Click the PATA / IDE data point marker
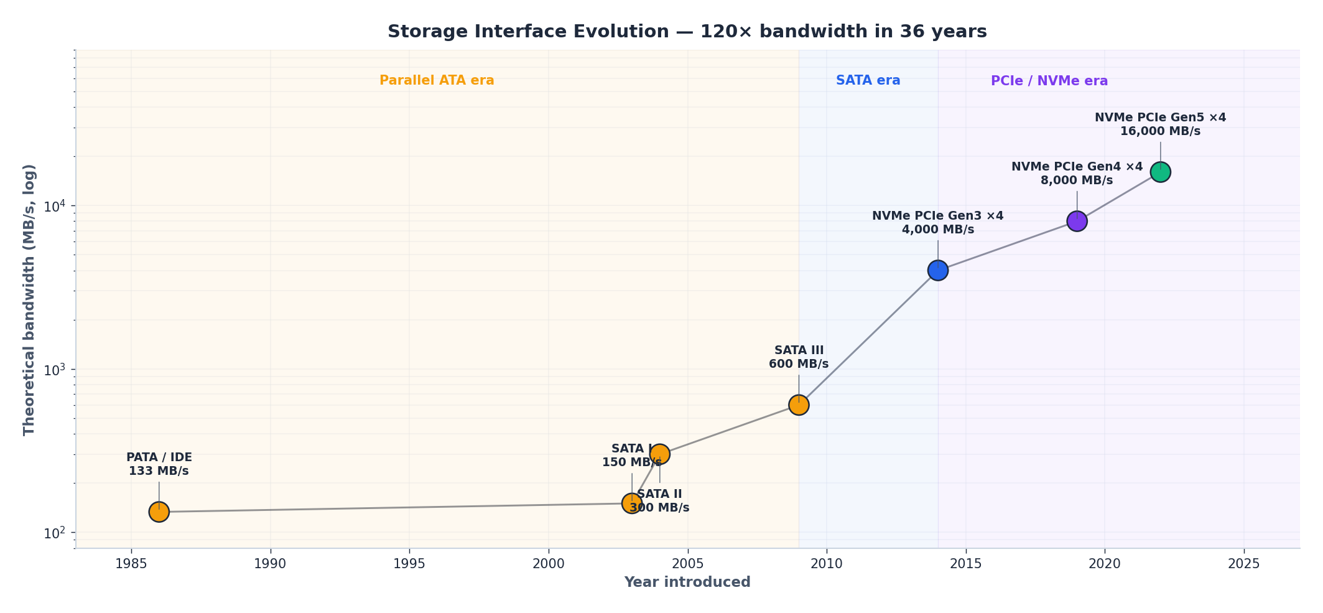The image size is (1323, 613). coord(159,512)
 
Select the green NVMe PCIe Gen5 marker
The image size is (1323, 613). coord(1160,172)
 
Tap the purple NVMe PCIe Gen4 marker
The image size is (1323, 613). coord(1077,221)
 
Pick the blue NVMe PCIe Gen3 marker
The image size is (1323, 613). coord(937,270)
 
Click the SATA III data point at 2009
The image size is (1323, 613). coord(799,405)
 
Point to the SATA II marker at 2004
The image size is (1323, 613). coord(660,454)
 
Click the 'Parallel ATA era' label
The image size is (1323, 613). coord(437,80)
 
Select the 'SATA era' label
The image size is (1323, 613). coord(868,80)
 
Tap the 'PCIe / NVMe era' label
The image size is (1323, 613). coord(1049,81)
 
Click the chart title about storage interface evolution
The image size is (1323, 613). coord(687,32)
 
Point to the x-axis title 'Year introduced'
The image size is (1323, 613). coord(687,583)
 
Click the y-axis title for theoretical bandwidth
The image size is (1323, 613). coord(29,299)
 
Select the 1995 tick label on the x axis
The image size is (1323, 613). coord(409,564)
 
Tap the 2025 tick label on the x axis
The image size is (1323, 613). coord(1243,564)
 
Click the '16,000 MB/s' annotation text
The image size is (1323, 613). coord(1160,131)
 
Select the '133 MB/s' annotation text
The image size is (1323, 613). coord(159,471)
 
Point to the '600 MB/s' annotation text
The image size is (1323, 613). coord(799,364)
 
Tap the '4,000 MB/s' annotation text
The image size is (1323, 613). coord(937,230)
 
